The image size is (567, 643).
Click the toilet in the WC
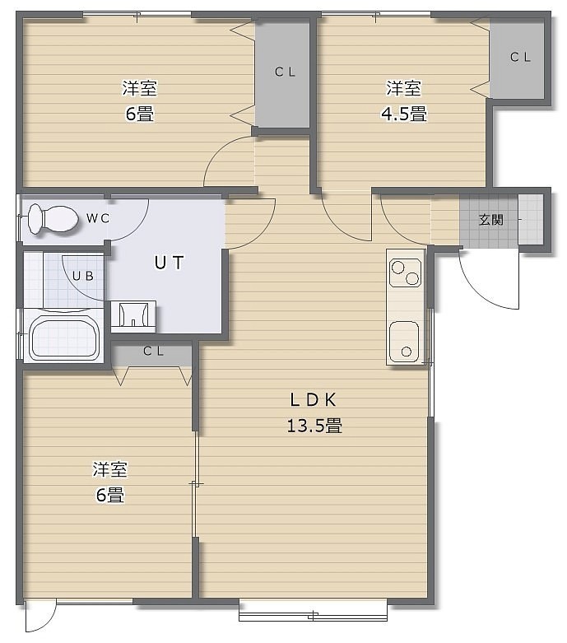[53, 219]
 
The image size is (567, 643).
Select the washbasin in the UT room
[133, 315]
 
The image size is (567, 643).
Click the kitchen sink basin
[404, 342]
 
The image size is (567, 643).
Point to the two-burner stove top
[406, 273]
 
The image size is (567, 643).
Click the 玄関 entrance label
[490, 220]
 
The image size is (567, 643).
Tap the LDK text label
[314, 400]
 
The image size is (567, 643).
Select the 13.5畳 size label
[314, 426]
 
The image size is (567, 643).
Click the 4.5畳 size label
[404, 114]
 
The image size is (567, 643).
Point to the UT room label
[170, 263]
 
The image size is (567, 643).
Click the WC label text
[98, 218]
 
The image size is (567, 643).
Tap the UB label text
[83, 277]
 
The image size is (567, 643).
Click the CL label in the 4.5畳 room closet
[520, 57]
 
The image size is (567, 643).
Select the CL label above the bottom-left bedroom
[154, 352]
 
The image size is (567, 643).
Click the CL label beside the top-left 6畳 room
[285, 72]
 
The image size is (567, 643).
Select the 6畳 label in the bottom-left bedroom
[110, 496]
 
